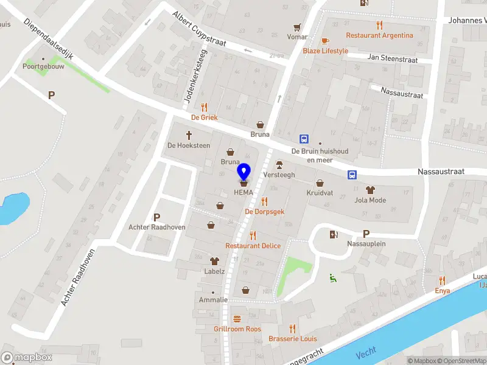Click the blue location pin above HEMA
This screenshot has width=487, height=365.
[243, 172]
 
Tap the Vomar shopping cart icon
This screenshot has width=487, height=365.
[297, 27]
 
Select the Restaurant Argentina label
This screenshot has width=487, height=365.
[379, 35]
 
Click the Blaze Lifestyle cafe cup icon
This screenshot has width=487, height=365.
[325, 41]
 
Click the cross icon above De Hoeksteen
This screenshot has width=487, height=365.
[189, 135]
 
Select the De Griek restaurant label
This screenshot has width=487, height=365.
[204, 117]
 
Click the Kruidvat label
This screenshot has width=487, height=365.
[320, 193]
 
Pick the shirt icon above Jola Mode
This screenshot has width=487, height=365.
[370, 189]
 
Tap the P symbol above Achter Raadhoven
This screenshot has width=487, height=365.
[156, 217]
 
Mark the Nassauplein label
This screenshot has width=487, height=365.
[366, 244]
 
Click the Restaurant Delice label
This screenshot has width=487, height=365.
[253, 246]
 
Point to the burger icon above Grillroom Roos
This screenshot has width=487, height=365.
[237, 319]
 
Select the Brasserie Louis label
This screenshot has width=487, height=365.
[292, 339]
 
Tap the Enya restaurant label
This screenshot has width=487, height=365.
[442, 291]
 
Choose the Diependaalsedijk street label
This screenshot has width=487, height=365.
[49, 38]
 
